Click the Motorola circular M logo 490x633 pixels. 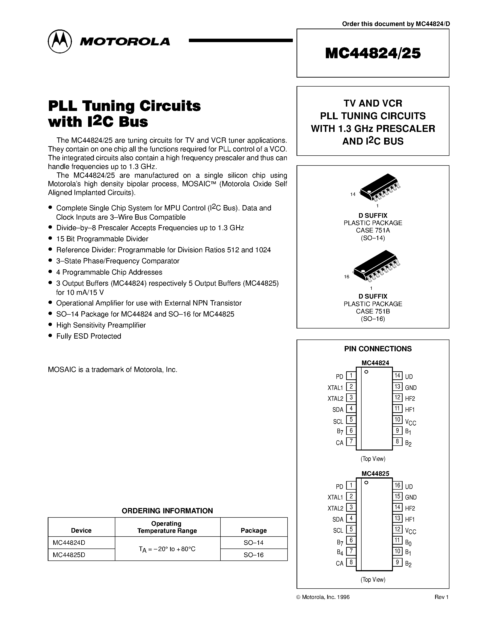(x=59, y=41)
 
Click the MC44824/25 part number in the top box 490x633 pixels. (x=373, y=53)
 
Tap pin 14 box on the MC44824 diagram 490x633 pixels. (x=397, y=376)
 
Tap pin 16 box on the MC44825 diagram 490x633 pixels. (x=397, y=485)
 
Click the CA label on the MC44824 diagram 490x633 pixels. (x=339, y=443)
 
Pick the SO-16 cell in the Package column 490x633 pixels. (x=253, y=555)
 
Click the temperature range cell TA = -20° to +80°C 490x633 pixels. (x=167, y=549)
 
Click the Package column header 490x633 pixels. (x=253, y=530)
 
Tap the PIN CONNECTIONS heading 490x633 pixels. (x=378, y=349)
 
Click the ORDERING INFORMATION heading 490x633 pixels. (x=167, y=511)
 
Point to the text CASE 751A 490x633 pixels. (x=373, y=230)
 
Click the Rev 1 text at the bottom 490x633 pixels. (x=441, y=597)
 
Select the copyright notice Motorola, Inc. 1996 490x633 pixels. (x=323, y=597)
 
